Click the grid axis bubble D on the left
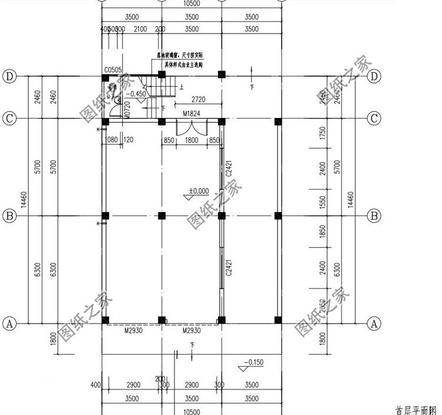(x=9, y=76)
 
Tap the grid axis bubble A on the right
(x=374, y=323)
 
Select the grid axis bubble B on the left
(x=9, y=216)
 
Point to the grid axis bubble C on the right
(x=374, y=118)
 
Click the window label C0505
(x=113, y=70)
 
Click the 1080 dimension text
(x=111, y=140)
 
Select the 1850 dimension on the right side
(x=322, y=232)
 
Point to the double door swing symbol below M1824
(x=192, y=130)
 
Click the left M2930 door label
(x=134, y=331)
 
